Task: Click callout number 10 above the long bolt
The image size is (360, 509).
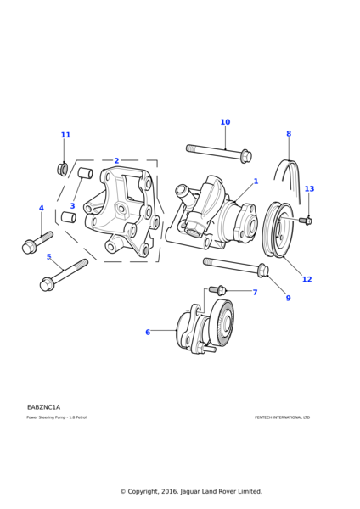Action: click(x=225, y=122)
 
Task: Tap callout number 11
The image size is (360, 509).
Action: click(x=65, y=135)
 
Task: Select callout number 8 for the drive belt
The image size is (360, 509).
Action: click(x=289, y=133)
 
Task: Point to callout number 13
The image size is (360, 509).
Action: click(x=309, y=188)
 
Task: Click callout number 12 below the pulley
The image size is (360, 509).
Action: click(x=307, y=279)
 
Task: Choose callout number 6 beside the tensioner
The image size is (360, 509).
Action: click(x=148, y=332)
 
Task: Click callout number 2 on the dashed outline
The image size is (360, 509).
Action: click(x=116, y=160)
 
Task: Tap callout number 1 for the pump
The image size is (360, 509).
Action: click(x=256, y=182)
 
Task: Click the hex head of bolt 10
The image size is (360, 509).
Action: click(x=246, y=156)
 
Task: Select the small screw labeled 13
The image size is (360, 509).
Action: click(x=306, y=221)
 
